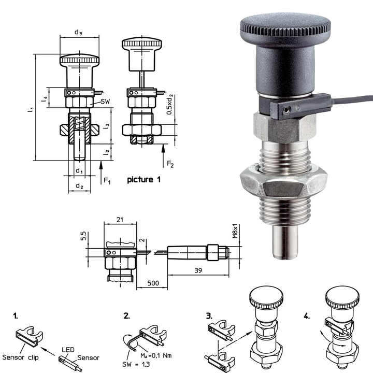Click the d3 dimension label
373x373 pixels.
pos(78,33)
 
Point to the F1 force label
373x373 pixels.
pos(107,181)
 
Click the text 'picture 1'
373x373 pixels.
pos(140,180)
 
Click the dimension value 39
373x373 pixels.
pos(197,271)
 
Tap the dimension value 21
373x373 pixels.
pos(120,220)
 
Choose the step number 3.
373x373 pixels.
pos(208,315)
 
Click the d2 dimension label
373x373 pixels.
pos(79,185)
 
